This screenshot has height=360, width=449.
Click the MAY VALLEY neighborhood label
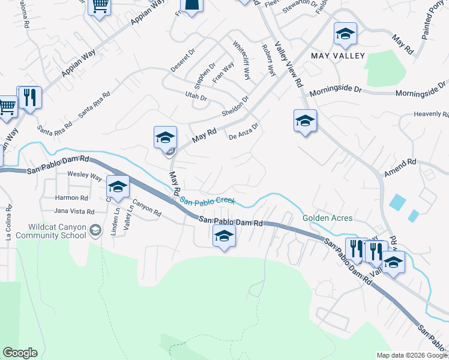point(338,56)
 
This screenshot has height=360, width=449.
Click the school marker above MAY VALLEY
point(345,35)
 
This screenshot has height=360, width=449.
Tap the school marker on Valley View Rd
point(305,121)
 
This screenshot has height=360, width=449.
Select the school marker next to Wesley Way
point(118,187)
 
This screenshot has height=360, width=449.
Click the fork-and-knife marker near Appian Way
point(29,98)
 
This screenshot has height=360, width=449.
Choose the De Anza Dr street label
point(243,131)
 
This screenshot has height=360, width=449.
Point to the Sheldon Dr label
point(235,107)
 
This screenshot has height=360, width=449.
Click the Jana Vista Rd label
point(74,211)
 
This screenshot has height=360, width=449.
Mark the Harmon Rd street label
point(71,197)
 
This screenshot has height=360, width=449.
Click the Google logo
point(20,353)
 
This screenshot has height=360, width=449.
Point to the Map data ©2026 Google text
point(411,355)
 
